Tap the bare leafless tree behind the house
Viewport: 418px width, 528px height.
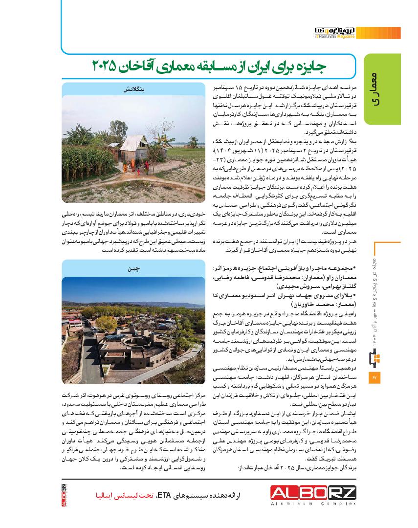click(147, 117)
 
